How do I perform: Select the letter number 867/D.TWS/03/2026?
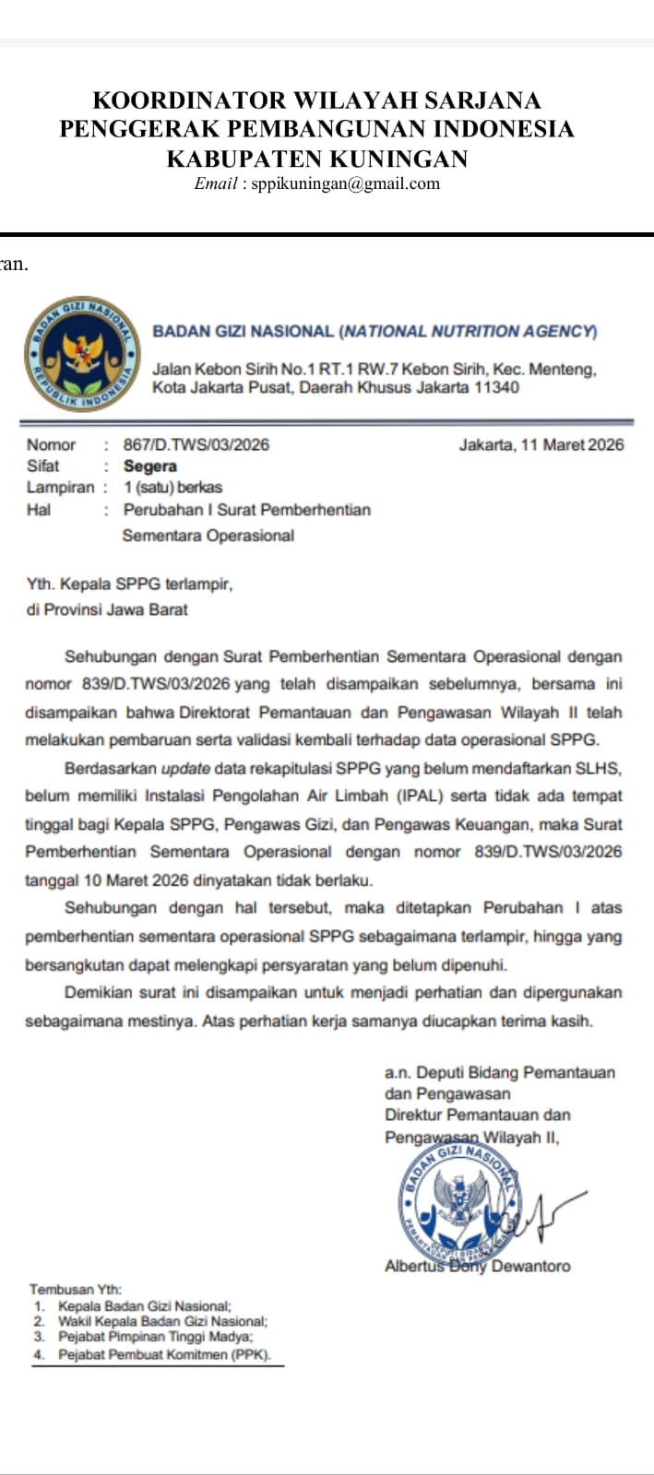(x=196, y=445)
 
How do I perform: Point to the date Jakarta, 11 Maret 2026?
(x=541, y=445)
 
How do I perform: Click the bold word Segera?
(x=150, y=466)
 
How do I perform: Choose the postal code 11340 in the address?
(x=496, y=388)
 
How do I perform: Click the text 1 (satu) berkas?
(x=172, y=488)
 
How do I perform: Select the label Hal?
(x=39, y=510)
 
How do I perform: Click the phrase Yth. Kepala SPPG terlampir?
(x=129, y=584)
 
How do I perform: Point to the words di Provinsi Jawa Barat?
(x=107, y=609)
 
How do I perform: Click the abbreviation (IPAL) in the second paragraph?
(x=400, y=796)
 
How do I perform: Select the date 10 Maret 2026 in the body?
(x=136, y=879)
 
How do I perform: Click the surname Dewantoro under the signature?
(x=530, y=1267)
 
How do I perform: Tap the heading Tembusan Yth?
(x=76, y=1290)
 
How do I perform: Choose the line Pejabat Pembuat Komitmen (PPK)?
(x=164, y=1355)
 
